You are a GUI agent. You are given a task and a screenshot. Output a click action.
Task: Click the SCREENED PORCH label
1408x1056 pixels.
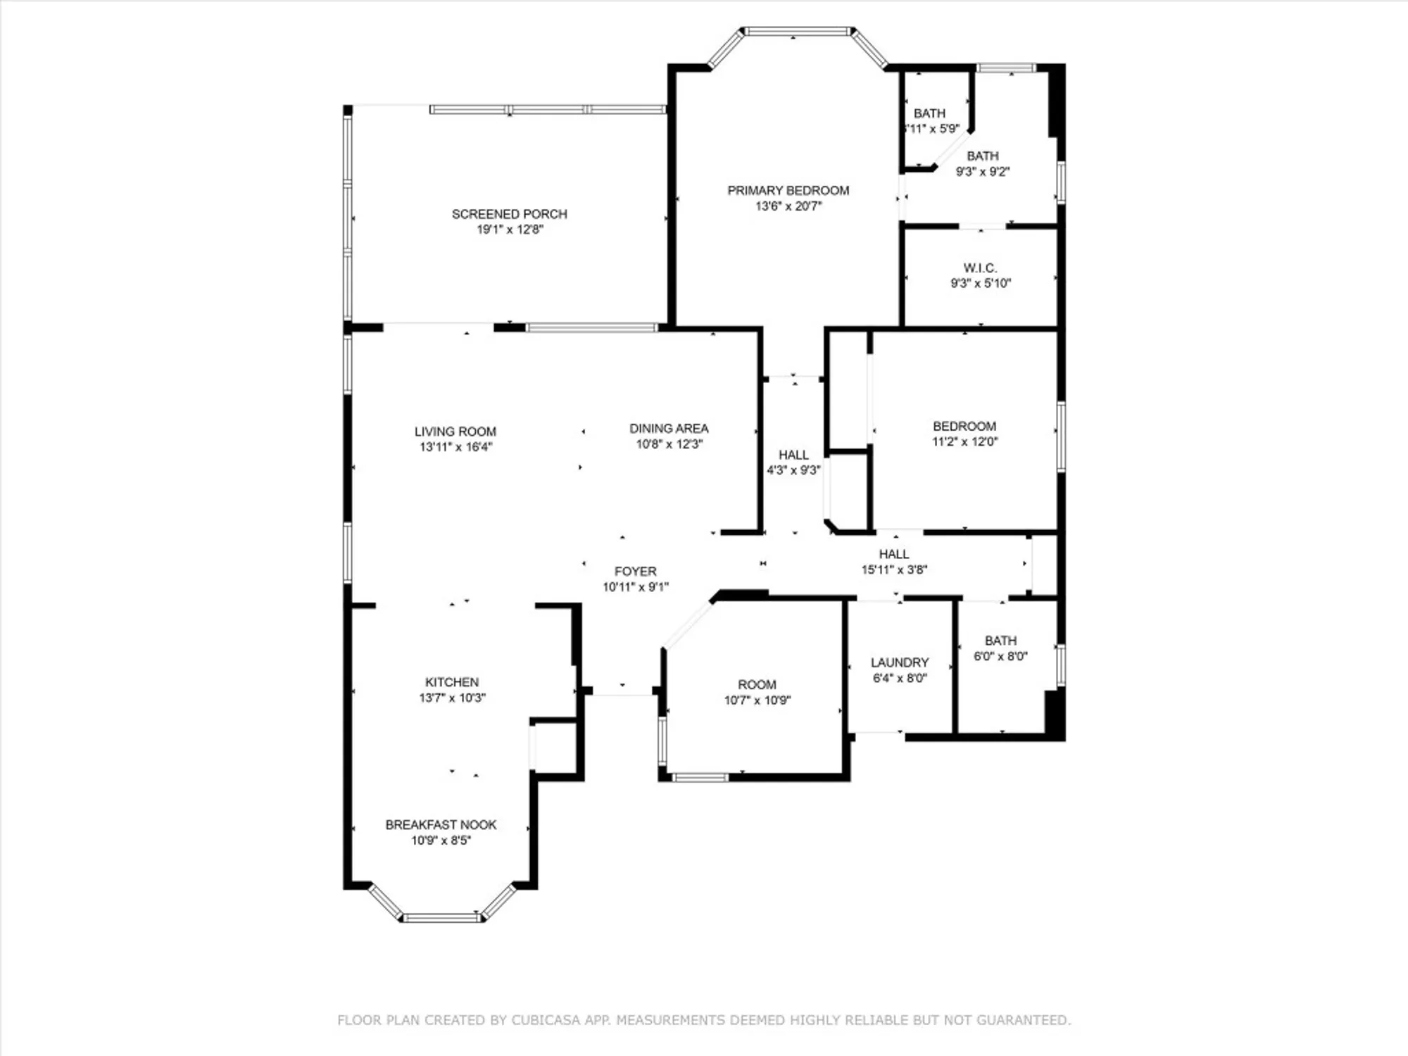509,213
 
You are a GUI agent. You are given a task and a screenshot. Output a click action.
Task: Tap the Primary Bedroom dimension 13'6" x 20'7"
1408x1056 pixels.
788,206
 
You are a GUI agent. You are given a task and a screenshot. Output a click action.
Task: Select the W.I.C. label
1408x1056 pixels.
980,268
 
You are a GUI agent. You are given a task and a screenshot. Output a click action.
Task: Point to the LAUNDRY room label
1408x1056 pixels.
899,662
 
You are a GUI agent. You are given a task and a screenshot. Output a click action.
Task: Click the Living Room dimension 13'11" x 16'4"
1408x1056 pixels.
455,447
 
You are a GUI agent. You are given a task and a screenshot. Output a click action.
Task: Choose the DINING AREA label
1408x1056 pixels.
668,428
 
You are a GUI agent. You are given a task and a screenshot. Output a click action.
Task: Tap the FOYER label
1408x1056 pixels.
635,571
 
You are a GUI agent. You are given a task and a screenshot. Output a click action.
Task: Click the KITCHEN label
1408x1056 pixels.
451,682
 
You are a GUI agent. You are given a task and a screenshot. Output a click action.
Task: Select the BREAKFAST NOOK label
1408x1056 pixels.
441,824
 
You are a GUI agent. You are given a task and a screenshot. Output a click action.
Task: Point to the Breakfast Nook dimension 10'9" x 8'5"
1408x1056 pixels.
441,841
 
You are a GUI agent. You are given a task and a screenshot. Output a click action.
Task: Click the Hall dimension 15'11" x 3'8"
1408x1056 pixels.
894,570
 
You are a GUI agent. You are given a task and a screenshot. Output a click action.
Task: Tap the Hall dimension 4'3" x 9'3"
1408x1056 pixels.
793,470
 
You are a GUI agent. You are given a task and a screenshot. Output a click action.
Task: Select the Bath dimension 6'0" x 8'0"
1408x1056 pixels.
1000,656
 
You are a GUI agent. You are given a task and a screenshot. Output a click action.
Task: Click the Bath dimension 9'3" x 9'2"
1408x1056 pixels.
982,172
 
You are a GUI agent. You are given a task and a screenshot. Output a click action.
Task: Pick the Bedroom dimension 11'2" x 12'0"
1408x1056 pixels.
964,442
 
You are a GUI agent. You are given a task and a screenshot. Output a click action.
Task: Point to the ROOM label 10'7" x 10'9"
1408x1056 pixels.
757,684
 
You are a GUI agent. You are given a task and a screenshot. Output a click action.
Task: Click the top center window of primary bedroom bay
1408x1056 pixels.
797,31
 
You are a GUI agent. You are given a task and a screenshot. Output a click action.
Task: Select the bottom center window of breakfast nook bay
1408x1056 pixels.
441,917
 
